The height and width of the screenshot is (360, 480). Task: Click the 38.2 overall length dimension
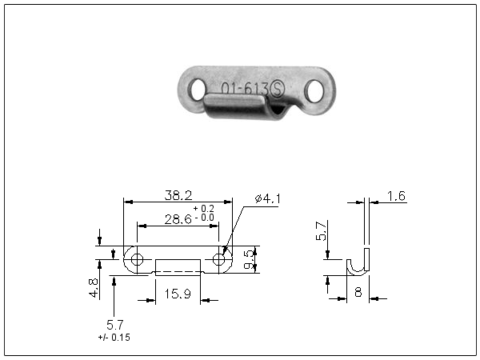(178, 195)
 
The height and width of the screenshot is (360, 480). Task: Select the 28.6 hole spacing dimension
(178, 219)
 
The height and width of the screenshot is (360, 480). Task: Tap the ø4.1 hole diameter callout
(267, 199)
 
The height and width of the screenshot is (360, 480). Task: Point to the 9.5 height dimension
(249, 259)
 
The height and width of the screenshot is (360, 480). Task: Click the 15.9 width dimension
(178, 294)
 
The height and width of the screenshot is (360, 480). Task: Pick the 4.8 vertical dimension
(94, 288)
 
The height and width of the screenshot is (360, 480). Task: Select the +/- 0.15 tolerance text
(114, 338)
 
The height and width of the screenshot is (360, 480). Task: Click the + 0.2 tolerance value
(203, 209)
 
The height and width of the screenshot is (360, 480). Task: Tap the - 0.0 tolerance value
(204, 218)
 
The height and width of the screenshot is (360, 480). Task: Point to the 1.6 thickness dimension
(396, 196)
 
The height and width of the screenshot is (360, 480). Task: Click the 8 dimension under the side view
(358, 292)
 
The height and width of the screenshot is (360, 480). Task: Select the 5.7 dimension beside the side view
(322, 231)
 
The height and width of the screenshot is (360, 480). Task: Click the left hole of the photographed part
(197, 90)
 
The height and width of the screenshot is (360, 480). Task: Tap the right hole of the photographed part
(314, 91)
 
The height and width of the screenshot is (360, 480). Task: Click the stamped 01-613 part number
(245, 89)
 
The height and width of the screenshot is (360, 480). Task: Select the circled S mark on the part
(277, 89)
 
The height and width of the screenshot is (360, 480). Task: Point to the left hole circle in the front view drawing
(137, 259)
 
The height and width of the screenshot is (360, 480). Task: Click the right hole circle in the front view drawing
(219, 259)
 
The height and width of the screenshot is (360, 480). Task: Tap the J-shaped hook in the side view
(358, 262)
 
